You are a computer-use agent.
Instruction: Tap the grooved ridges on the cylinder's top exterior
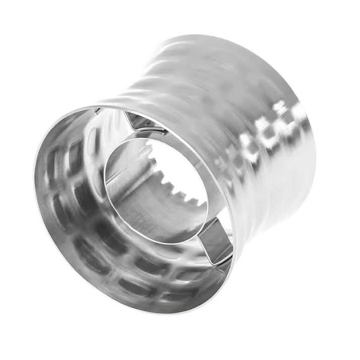(x=201, y=76)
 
